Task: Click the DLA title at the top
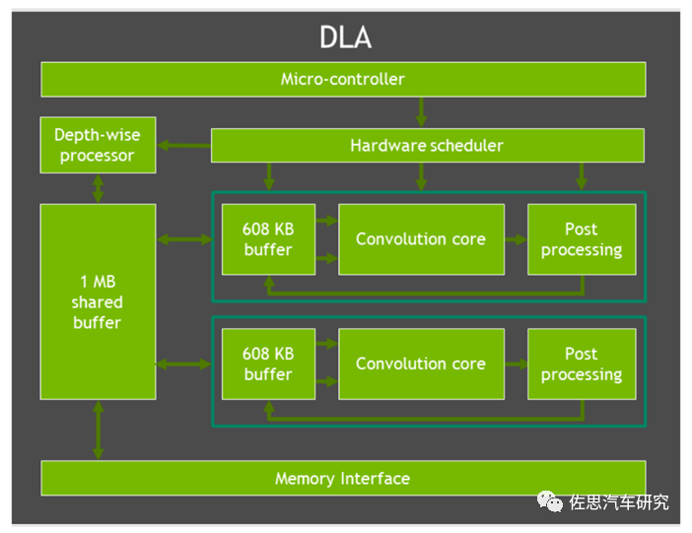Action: (345, 36)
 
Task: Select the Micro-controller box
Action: (342, 79)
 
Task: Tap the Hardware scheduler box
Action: (427, 146)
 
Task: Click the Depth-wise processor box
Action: (97, 145)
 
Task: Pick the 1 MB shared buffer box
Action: (97, 301)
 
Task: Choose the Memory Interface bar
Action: (342, 479)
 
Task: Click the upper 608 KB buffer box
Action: (268, 239)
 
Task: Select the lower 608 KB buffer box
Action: (268, 364)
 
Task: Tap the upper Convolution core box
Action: (421, 239)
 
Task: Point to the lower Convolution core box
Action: (421, 364)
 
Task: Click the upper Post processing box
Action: (581, 239)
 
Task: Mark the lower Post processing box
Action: (581, 364)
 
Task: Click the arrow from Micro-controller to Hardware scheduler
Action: (422, 112)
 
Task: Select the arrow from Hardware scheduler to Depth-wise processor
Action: (185, 146)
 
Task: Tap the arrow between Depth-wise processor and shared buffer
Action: (98, 188)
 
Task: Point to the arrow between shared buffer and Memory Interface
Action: (98, 431)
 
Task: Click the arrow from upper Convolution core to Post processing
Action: (516, 239)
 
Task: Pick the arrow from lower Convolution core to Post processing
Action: (516, 364)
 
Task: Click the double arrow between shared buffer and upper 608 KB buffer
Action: (184, 239)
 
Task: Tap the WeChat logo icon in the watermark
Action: (550, 502)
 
